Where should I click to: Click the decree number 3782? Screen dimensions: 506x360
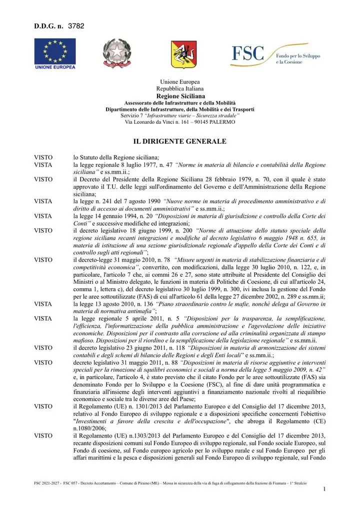(76, 26)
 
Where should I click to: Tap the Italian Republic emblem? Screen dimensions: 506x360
(116, 53)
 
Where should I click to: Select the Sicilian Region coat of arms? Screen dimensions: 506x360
(183, 54)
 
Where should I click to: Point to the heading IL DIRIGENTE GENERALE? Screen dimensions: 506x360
(179, 141)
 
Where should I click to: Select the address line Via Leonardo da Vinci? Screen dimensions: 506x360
(179, 122)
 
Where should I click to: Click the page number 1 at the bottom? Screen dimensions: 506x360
(324, 489)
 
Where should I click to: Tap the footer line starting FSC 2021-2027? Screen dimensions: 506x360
(170, 484)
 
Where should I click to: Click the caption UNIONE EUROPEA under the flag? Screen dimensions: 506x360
(55, 67)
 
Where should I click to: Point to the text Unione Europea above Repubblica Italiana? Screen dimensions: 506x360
(179, 82)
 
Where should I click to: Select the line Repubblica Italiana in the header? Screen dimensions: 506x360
(179, 88)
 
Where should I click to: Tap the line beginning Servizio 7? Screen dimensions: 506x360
(179, 115)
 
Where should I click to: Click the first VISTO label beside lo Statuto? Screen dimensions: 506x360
(43, 157)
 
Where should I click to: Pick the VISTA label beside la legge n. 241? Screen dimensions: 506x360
(43, 201)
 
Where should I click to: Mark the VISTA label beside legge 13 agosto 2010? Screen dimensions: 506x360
(43, 304)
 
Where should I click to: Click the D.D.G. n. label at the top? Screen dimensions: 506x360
(48, 26)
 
